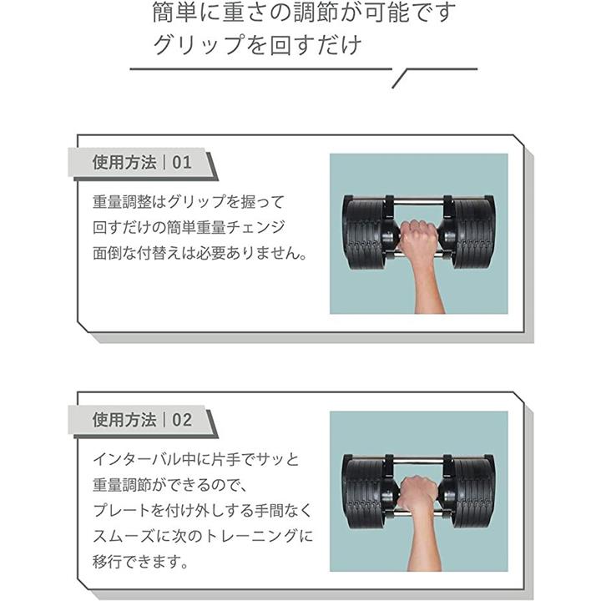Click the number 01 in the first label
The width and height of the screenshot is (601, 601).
182,163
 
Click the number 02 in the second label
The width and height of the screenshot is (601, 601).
182,420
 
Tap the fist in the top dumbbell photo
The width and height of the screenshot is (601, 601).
418,237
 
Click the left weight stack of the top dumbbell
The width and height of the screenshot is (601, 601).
365,233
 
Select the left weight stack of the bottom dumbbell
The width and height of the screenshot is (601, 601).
365,492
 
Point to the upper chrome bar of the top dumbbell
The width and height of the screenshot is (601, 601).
418,201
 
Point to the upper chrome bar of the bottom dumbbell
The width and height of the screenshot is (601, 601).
418,460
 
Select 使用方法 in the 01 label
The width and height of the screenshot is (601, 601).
124,163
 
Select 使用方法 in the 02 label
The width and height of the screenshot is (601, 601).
124,420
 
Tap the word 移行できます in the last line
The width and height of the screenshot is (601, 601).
136,562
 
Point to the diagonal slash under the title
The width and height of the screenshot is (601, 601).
399,79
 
